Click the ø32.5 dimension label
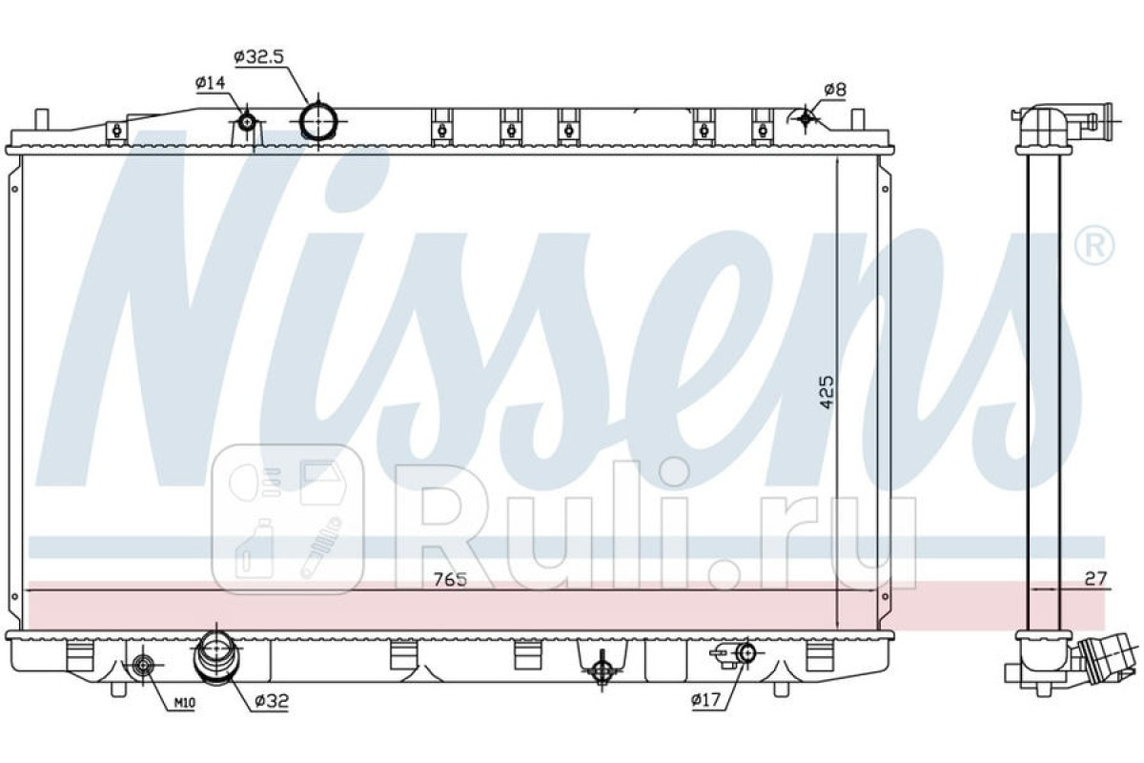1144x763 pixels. [x=258, y=56]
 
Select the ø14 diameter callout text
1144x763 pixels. [x=210, y=82]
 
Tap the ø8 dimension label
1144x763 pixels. [x=835, y=90]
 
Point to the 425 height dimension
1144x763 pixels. [x=827, y=392]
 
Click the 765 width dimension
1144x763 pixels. [x=450, y=579]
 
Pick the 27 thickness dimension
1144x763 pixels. [x=1095, y=579]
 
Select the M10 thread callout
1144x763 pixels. [x=184, y=703]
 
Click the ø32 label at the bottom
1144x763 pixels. [x=272, y=701]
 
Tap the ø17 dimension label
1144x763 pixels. [x=707, y=700]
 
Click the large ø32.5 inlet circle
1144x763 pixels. [x=318, y=121]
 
